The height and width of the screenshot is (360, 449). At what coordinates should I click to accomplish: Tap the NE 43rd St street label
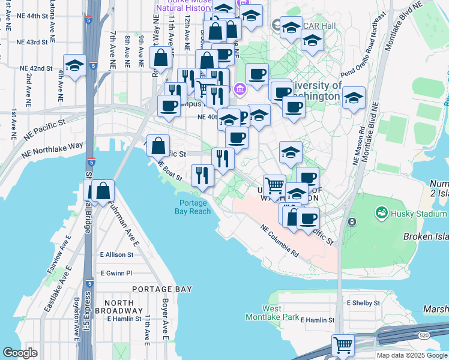click(32, 42)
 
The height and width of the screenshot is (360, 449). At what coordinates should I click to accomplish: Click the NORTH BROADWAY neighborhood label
click(127, 307)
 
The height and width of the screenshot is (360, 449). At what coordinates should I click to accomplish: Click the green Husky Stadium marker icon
click(381, 212)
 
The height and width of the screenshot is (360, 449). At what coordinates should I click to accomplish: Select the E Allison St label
click(119, 255)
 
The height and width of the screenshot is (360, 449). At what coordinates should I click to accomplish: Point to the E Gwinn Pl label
click(116, 273)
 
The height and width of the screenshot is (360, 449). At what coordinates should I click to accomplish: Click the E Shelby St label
click(360, 303)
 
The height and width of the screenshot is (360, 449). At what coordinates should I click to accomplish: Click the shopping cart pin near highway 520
click(343, 346)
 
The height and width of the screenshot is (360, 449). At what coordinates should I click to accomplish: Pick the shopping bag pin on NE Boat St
click(157, 146)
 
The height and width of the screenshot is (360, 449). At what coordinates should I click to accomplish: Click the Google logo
click(20, 353)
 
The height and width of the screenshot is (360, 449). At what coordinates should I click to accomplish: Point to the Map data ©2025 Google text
click(412, 355)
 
